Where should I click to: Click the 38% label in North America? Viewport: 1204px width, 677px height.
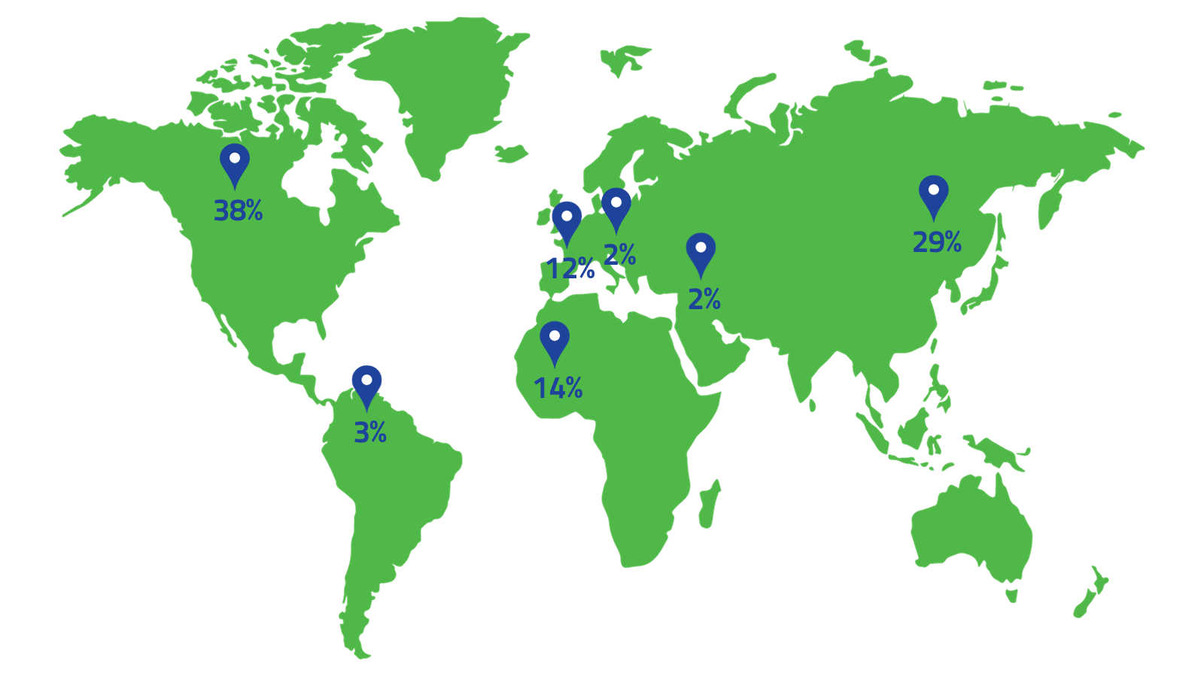point(238,211)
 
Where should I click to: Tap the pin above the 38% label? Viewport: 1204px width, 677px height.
point(235,162)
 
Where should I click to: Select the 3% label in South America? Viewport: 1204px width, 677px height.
point(370,433)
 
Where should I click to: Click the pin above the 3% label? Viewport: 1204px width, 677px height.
point(366,383)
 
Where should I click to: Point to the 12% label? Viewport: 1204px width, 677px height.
point(570,269)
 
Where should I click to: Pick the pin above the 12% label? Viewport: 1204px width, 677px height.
point(567,220)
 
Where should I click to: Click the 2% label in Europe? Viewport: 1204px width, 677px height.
point(620,255)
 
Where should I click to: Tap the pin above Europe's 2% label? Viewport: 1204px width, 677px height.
point(616,205)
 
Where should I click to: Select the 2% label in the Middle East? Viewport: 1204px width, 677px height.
point(704,299)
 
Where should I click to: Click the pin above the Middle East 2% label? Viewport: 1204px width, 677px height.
point(701,250)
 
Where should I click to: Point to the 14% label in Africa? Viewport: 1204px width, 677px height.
point(558,388)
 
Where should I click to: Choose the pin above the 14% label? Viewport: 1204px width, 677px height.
point(555,339)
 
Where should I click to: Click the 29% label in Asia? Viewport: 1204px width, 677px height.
point(937,242)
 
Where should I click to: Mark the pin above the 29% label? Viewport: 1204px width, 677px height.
point(934,193)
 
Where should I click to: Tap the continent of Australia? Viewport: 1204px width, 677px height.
point(971,527)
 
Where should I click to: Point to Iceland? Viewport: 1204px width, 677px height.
point(512,153)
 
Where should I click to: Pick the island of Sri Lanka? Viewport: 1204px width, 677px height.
point(813,405)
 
